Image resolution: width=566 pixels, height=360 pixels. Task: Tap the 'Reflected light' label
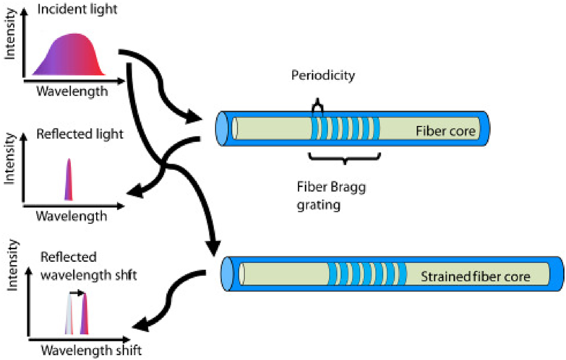(80, 134)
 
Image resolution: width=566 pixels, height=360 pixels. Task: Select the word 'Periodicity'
(323, 76)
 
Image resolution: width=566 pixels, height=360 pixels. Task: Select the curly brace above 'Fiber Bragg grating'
(345, 160)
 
